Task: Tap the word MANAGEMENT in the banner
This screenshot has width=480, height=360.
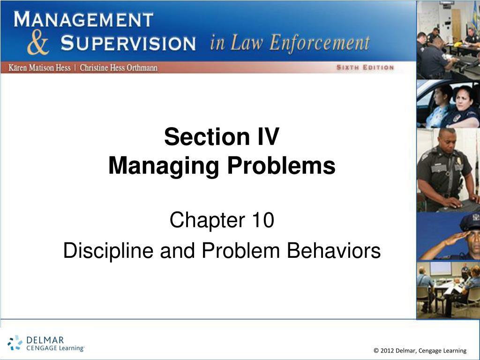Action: click(x=83, y=19)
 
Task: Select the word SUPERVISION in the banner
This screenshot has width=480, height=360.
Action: click(x=128, y=43)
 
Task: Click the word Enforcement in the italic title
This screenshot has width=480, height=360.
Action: click(x=320, y=43)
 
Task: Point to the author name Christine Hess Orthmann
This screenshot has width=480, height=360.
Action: click(x=119, y=67)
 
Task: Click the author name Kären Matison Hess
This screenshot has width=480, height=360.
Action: click(x=39, y=67)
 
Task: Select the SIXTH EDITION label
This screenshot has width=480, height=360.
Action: click(x=365, y=67)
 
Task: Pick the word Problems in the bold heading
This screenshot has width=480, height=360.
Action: click(x=281, y=165)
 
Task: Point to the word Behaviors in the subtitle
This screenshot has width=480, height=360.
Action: click(x=334, y=250)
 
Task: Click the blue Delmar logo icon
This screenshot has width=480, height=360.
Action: click(x=15, y=343)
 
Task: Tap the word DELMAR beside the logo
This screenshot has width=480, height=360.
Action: click(x=45, y=340)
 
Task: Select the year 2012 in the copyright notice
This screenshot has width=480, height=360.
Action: click(x=387, y=351)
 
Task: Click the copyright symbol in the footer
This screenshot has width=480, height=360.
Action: click(x=376, y=351)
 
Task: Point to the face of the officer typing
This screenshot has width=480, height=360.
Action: click(x=448, y=140)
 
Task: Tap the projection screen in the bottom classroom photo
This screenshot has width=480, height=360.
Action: click(x=441, y=269)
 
